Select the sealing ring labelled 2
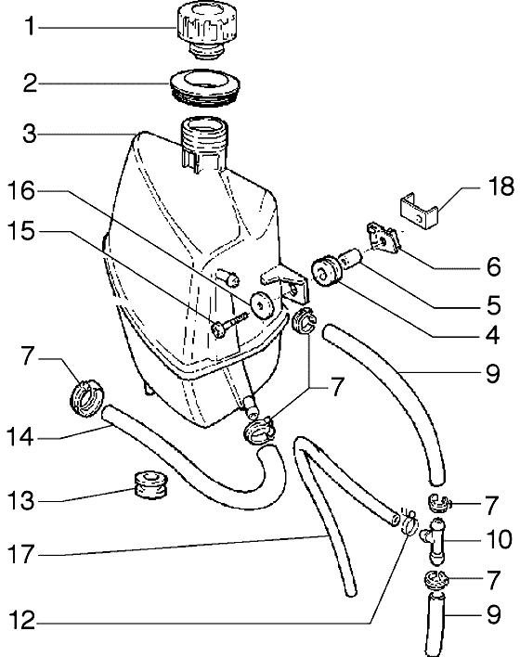coord(204,86)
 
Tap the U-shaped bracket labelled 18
coord(418,211)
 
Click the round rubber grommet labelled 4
coord(327,271)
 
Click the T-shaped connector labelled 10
coord(435,540)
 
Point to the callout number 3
coord(30,134)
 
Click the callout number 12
coord(22,621)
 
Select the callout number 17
coord(21,554)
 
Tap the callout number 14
coord(20,437)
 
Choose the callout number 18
coord(500,186)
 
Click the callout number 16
coord(21,191)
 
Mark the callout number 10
coord(499,539)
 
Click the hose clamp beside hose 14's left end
coord(86,397)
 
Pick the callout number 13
coord(21,500)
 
